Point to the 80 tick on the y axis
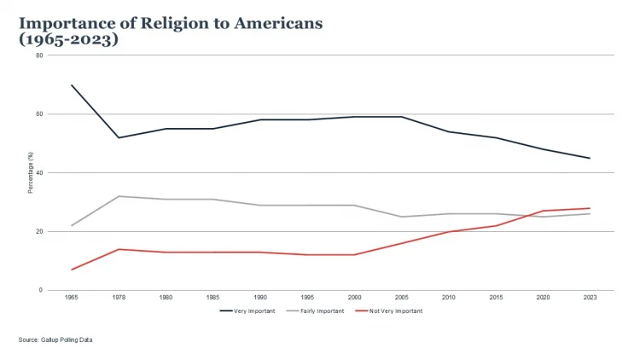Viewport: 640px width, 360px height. click(x=39, y=55)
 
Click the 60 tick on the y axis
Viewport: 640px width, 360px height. click(x=39, y=114)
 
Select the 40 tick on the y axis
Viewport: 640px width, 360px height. click(x=39, y=173)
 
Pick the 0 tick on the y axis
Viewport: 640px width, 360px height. click(x=41, y=290)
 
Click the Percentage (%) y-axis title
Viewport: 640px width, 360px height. click(x=30, y=173)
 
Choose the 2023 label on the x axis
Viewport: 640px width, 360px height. click(x=590, y=297)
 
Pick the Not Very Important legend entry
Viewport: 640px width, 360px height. click(x=394, y=311)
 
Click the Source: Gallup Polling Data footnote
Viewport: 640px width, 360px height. click(x=55, y=340)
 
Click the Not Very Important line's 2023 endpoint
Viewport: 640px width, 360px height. click(x=590, y=208)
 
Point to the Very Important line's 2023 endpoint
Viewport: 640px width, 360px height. click(x=590, y=158)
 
